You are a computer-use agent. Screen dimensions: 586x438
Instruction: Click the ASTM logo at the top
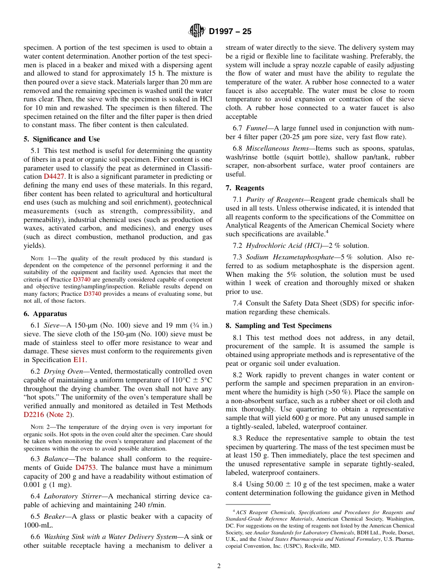click(197, 31)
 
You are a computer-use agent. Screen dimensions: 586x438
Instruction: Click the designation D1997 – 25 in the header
click(230, 32)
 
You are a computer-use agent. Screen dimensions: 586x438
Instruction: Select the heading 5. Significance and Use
click(61, 139)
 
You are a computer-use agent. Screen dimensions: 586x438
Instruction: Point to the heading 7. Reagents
click(245, 188)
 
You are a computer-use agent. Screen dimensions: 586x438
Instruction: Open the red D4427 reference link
click(53, 176)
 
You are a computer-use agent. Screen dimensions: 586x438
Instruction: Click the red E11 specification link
click(79, 360)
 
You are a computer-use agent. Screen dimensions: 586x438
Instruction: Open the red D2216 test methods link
click(35, 414)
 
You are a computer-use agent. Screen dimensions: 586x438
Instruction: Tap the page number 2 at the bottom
click(219, 566)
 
